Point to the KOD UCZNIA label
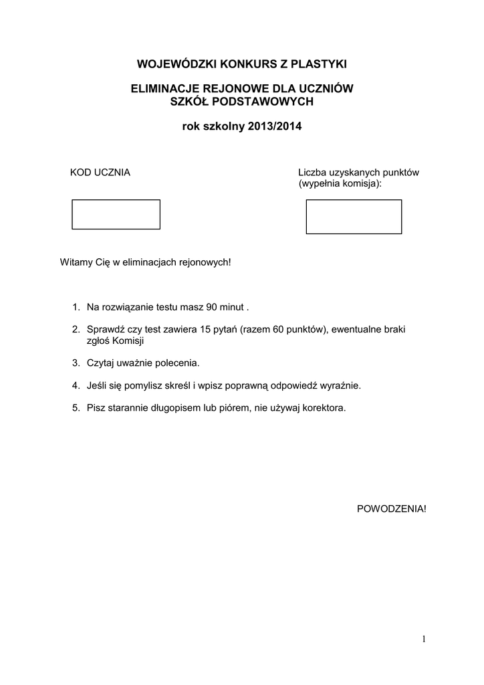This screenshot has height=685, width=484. [x=100, y=173]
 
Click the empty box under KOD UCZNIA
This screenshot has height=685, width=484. [x=116, y=214]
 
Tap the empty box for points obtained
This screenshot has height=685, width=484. [x=354, y=216]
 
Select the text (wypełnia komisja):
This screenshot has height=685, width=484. [x=340, y=183]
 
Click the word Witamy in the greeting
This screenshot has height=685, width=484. [x=77, y=262]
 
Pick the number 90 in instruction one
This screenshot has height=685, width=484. [x=212, y=307]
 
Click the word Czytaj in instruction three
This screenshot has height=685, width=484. [x=101, y=363]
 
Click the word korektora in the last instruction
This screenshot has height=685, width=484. [x=324, y=407]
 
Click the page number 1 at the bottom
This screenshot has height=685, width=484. [x=423, y=640]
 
